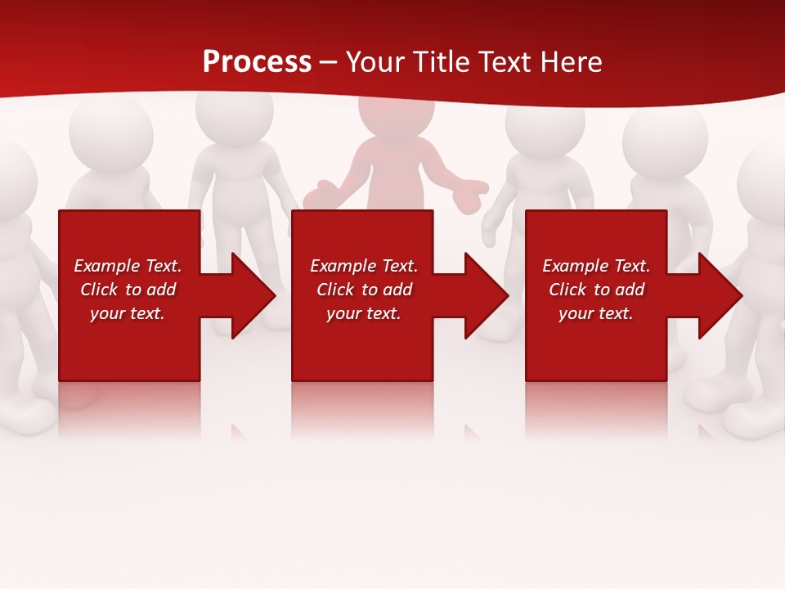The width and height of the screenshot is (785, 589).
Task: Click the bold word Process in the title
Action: (x=257, y=62)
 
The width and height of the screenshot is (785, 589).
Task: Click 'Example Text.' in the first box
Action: (x=128, y=266)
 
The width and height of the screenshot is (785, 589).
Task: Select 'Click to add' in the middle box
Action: (x=364, y=290)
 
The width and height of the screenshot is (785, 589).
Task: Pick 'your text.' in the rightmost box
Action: (x=595, y=313)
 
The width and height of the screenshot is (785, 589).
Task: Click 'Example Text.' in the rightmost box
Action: (x=595, y=266)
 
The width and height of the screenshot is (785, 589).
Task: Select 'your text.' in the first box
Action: (x=128, y=313)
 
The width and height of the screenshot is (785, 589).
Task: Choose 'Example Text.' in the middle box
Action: (x=364, y=266)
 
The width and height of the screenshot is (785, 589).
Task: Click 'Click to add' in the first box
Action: (x=128, y=290)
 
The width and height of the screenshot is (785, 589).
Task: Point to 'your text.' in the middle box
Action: (x=364, y=313)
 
